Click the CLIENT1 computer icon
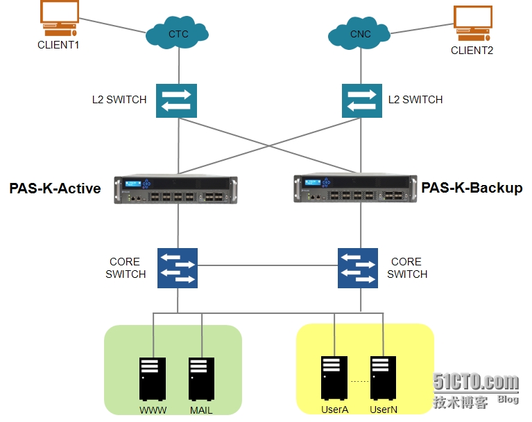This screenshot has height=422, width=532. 59,18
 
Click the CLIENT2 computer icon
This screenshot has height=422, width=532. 472,24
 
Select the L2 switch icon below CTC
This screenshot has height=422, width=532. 177,100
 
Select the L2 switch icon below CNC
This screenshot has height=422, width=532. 361,100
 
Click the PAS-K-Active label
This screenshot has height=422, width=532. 55,188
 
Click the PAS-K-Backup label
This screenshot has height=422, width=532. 472,187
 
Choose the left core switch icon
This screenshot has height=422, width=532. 178,268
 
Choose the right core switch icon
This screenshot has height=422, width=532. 358,268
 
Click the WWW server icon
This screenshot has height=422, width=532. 153,378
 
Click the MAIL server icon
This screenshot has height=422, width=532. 201,378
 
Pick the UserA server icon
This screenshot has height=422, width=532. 334,378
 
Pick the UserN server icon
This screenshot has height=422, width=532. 383,378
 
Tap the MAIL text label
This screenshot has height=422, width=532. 201,410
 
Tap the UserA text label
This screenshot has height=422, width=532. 334,410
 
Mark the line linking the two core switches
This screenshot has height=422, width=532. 268,265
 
